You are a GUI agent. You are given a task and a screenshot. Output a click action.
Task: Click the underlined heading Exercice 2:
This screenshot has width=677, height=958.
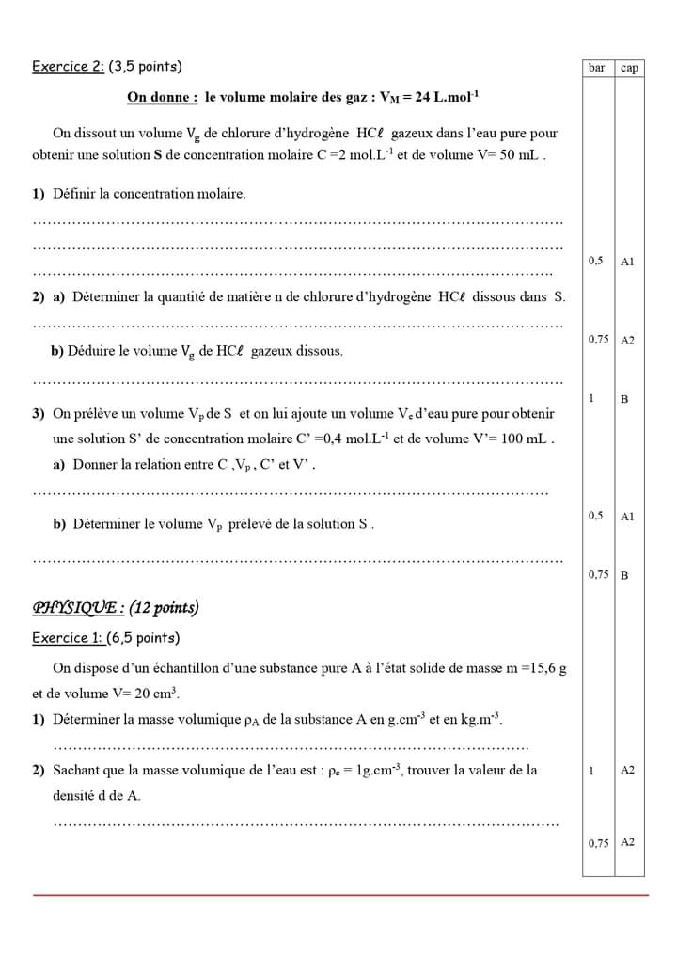click(x=69, y=67)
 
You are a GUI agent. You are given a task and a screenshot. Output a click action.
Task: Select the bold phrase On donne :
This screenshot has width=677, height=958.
click(x=163, y=97)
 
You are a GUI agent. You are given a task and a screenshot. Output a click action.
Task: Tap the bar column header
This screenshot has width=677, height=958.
click(x=596, y=68)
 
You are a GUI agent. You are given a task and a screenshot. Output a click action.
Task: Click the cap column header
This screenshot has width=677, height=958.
click(x=629, y=68)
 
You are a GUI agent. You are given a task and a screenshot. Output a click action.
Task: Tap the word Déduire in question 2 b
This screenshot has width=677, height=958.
click(x=91, y=351)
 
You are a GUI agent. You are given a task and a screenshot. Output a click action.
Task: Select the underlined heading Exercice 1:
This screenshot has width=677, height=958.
click(x=69, y=638)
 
